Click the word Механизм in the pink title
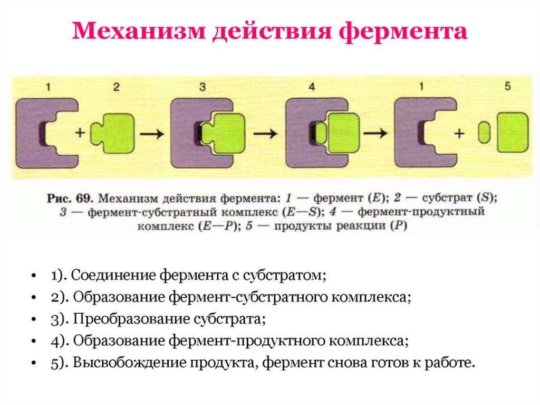point(139,31)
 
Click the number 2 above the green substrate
point(116,87)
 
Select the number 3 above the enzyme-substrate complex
point(202,87)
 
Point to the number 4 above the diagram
point(311,87)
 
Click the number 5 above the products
point(507,86)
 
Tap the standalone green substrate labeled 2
point(112,133)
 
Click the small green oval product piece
point(484,132)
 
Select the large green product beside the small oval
point(513,133)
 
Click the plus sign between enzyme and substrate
point(80,132)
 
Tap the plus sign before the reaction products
point(459,133)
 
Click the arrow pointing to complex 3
point(151,133)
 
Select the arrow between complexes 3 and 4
point(265,133)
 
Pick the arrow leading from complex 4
point(375,133)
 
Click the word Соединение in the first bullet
point(114,276)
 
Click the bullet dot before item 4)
point(33,341)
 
